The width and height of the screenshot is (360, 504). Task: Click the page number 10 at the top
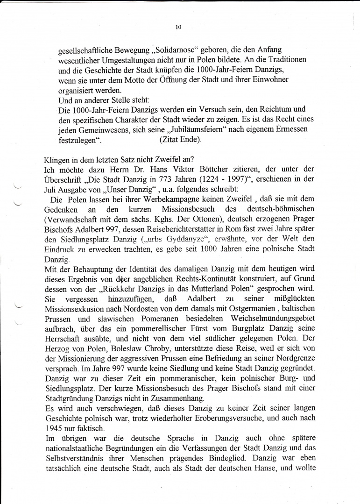click(178, 27)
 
